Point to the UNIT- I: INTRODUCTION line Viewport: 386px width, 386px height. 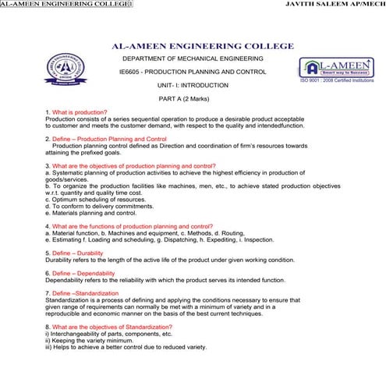point(193,85)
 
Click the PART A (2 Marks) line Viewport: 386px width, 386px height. point(192,98)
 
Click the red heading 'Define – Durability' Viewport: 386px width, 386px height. point(80,253)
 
